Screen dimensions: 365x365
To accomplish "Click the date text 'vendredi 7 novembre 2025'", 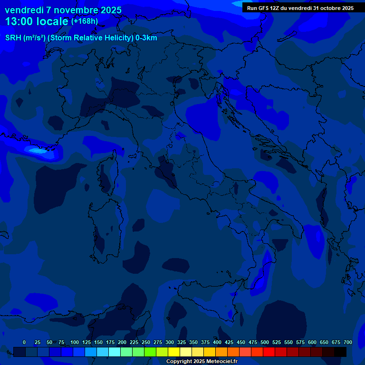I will (x=63, y=10).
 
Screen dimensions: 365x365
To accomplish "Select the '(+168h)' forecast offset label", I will (x=85, y=21).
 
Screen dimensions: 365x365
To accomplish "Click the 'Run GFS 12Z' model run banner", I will (x=300, y=8).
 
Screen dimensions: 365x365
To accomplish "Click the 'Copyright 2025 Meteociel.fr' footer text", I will (x=202, y=362).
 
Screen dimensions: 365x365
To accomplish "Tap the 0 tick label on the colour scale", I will (x=24, y=343).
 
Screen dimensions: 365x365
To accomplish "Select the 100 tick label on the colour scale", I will (x=75, y=343).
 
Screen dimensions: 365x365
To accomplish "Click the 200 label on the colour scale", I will (x=122, y=343).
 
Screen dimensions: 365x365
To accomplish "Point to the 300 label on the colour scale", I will (x=170, y=343).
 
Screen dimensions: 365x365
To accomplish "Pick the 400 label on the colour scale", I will (x=217, y=343).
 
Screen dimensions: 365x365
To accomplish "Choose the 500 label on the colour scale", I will (x=265, y=343).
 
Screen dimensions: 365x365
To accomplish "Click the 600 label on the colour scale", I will (x=312, y=343).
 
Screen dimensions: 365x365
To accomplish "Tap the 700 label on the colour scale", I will (x=348, y=343).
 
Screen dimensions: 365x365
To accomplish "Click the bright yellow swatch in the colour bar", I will (x=174, y=352).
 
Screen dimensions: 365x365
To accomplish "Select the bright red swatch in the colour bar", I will (x=269, y=352).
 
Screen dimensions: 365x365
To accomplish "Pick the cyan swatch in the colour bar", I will (x=115, y=352).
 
